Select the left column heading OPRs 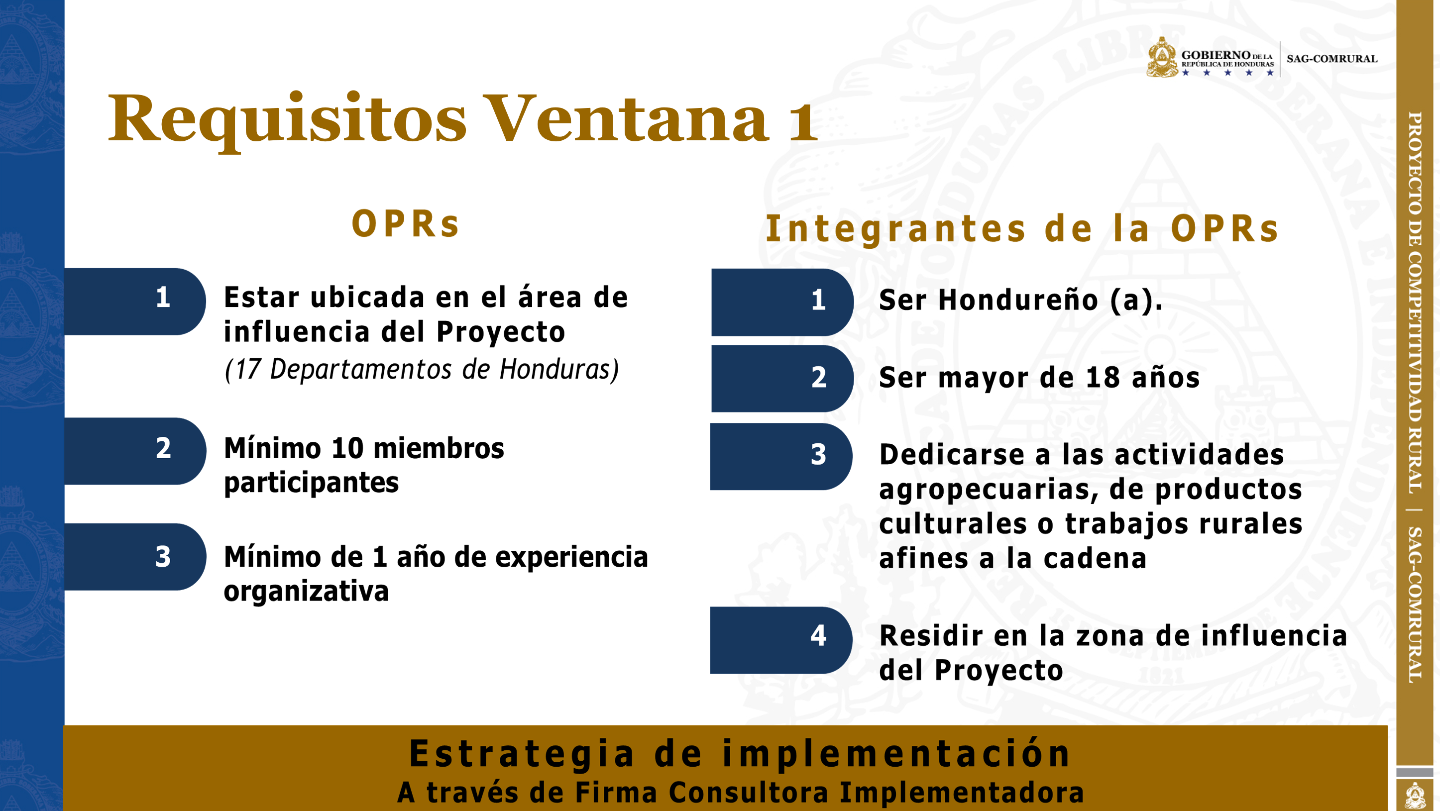coord(405,224)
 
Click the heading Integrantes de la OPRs coord(1022,229)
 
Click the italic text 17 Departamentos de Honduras coord(422,370)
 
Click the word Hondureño coord(1018,300)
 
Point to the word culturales coord(953,524)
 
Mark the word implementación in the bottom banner coord(896,755)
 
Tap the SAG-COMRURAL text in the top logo coord(1331,59)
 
